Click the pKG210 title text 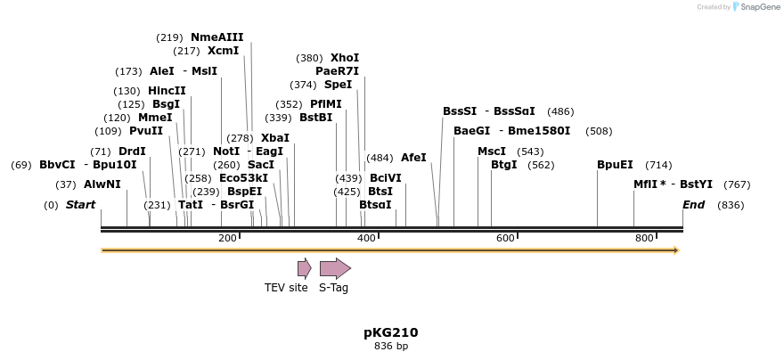pos(390,332)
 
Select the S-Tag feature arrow pos(335,268)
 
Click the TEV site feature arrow pos(304,268)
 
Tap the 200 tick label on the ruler pos(227,238)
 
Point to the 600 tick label pos(505,238)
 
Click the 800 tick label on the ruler pos(644,238)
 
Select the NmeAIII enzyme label pos(216,37)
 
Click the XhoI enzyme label pos(345,58)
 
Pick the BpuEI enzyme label pos(615,165)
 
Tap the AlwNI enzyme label pos(102,184)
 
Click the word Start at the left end pos(80,205)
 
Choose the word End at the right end pos(693,205)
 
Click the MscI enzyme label pos(491,151)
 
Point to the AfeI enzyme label pos(413,158)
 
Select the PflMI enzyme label pos(325,104)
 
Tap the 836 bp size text pos(390,346)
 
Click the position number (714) pos(658,165)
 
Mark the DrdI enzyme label pos(131,151)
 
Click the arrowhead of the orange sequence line pos(676,250)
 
